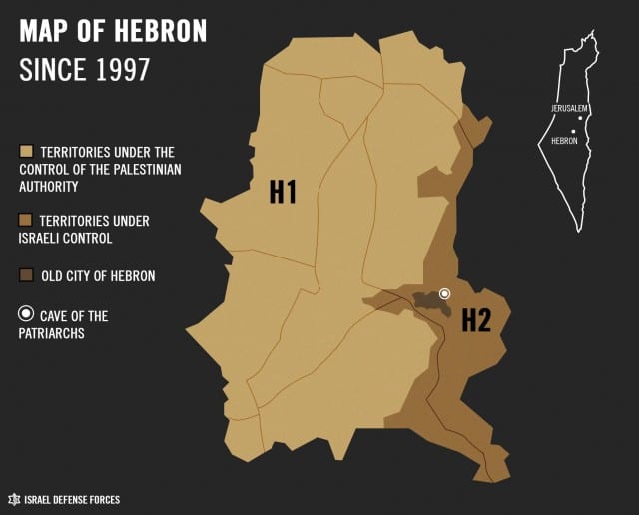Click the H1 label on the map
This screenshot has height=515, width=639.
pos(283,191)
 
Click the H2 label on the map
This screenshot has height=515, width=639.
pos(476,320)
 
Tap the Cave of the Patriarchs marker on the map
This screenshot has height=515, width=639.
pos(445,294)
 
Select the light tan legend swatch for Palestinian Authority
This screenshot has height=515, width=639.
pos(27,152)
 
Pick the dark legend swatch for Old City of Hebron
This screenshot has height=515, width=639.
pos(27,275)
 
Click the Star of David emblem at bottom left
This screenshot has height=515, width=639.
pos(14,499)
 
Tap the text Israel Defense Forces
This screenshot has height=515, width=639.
pos(72,499)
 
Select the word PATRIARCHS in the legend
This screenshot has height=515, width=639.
pos(52,334)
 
